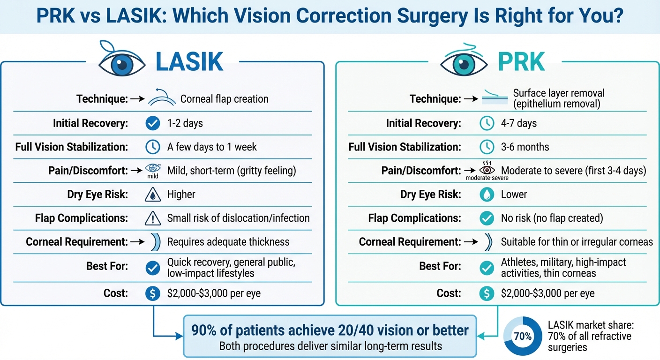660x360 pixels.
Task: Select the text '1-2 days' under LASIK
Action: [x=185, y=124]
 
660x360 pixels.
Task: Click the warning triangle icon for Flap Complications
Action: [x=152, y=218]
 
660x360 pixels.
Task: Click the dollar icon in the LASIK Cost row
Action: [x=152, y=293]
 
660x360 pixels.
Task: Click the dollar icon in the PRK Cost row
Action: [x=487, y=293]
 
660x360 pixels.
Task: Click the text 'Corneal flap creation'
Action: [x=224, y=99]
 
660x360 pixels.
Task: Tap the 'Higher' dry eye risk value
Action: [x=181, y=195]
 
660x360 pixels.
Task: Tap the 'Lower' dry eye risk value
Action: [x=514, y=195]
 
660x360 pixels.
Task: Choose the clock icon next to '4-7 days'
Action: [x=487, y=124]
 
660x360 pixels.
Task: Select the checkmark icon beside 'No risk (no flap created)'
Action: [x=487, y=218]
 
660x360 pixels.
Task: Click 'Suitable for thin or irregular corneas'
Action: [x=577, y=242]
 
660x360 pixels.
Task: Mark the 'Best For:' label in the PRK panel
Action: [x=440, y=266]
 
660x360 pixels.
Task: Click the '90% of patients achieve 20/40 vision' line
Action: [x=330, y=330]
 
